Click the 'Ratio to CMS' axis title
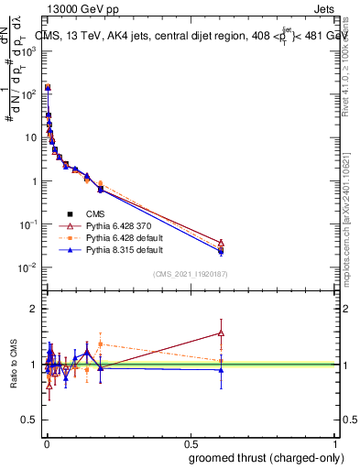point(16,365)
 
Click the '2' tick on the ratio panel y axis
point(33,309)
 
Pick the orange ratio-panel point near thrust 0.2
point(101,344)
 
